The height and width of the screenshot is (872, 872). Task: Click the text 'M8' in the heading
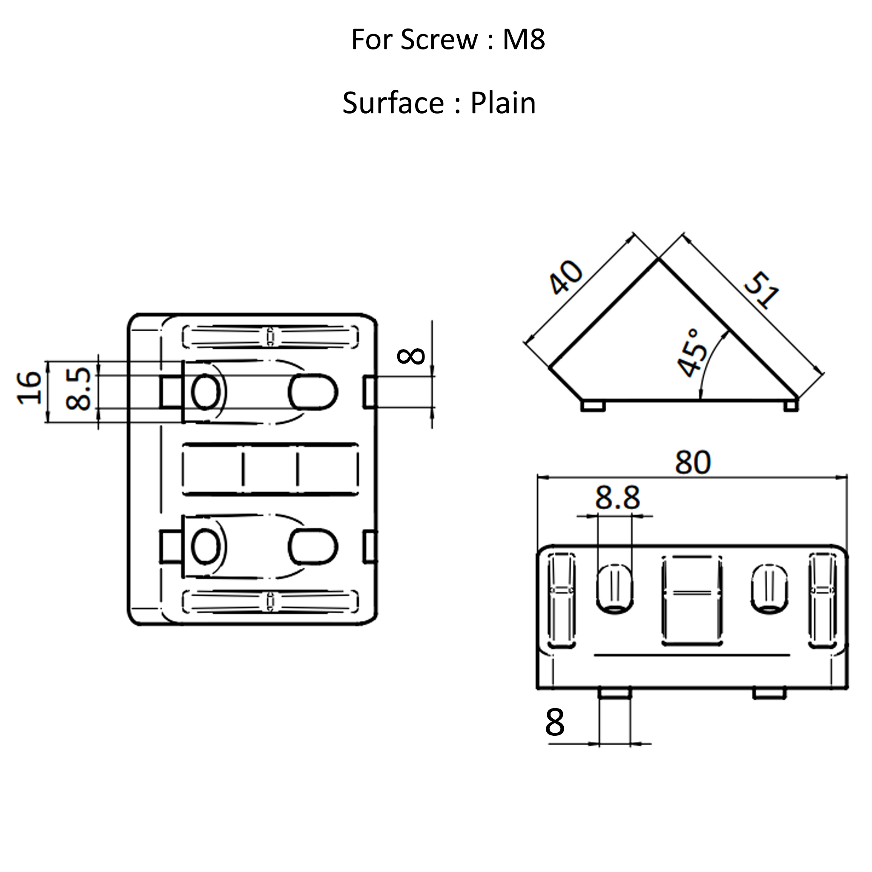pyautogui.click(x=524, y=40)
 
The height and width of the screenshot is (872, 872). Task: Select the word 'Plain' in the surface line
pyautogui.click(x=503, y=103)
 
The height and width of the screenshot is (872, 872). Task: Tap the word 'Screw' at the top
pyautogui.click(x=439, y=40)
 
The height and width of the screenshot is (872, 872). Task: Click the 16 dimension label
pyautogui.click(x=30, y=387)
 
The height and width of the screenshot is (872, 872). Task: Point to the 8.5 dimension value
pyautogui.click(x=78, y=389)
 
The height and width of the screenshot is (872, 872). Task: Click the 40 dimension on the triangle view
pyautogui.click(x=566, y=278)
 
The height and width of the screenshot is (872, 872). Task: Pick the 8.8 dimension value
pyautogui.click(x=617, y=498)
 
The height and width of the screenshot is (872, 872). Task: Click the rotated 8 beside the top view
pyautogui.click(x=411, y=356)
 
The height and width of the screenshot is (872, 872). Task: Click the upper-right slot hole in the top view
pyautogui.click(x=313, y=392)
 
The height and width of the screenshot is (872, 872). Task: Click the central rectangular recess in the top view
pyautogui.click(x=270, y=469)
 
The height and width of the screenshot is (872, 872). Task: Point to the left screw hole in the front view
pyautogui.click(x=614, y=588)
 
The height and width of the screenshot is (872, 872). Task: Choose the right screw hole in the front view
pyautogui.click(x=769, y=588)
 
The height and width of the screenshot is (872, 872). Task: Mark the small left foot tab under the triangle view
pyautogui.click(x=593, y=406)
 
